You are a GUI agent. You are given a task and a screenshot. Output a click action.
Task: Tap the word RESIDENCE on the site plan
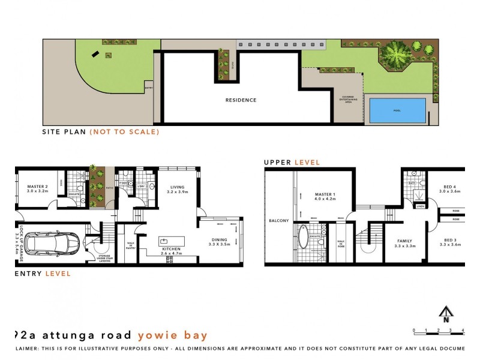pyautogui.click(x=241, y=100)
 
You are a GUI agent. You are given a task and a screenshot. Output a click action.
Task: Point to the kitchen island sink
pyautogui.click(x=163, y=241)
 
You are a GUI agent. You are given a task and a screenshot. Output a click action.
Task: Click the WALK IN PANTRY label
pyautogui.click(x=130, y=244)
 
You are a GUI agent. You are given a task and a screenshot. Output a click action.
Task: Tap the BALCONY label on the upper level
pyautogui.click(x=279, y=220)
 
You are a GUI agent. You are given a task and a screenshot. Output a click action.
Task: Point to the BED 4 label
pyautogui.click(x=451, y=188)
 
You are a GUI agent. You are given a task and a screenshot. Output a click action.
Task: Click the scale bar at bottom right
pyautogui.click(x=439, y=331)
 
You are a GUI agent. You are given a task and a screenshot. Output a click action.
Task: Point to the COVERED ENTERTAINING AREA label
pyautogui.click(x=347, y=99)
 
